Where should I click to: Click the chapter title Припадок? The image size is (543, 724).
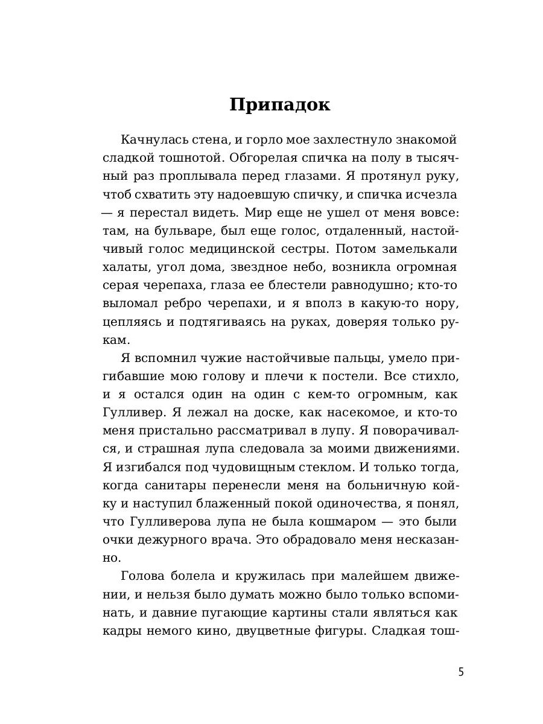pyautogui.click(x=280, y=104)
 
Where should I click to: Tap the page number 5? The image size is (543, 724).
pyautogui.click(x=461, y=672)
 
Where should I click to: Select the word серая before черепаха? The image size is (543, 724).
pyautogui.click(x=121, y=285)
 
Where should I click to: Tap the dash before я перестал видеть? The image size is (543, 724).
pyautogui.click(x=108, y=212)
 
